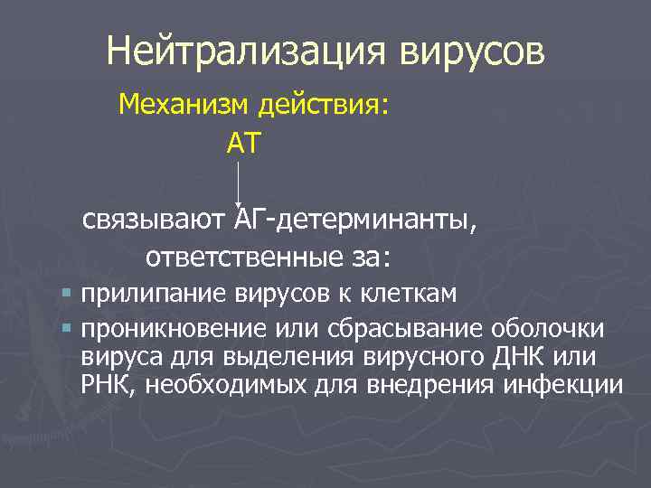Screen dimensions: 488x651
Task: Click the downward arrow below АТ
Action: pos(238,185)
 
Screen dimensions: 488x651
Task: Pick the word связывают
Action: pos(155,220)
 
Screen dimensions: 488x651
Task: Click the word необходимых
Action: pos(232,386)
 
